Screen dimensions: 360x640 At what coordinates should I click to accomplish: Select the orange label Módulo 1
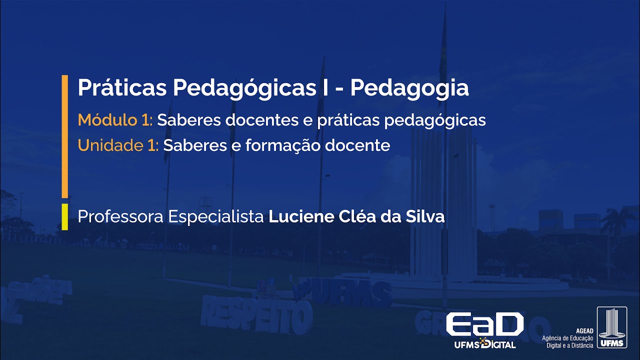116,120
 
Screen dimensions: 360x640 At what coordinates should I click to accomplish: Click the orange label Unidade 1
117,145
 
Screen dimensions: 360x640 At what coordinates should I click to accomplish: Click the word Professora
120,217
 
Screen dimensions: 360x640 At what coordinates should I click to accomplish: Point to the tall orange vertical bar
64,136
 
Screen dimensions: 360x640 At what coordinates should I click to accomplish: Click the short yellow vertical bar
64,216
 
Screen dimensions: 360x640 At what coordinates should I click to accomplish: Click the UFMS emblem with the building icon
611,328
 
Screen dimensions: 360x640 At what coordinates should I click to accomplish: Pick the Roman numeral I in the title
324,88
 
